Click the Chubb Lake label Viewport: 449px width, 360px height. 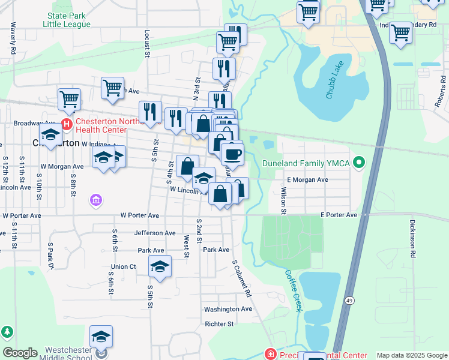tap(336, 84)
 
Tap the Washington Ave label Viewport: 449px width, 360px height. tap(228, 309)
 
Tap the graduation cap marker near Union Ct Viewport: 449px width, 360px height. tap(160, 267)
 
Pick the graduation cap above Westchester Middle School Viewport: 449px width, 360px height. tap(101, 337)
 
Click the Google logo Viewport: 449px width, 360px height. tap(20, 353)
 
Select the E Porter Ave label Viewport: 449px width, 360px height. tap(339, 215)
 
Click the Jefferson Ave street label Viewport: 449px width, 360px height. tap(155, 233)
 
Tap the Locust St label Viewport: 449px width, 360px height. tap(147, 43)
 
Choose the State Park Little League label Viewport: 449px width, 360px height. tap(67, 20)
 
